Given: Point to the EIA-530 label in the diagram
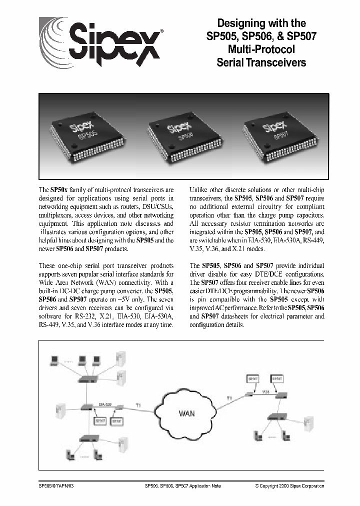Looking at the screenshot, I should click(104, 402).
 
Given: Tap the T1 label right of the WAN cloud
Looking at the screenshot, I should click(230, 397).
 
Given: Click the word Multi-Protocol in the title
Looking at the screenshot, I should click(261, 49).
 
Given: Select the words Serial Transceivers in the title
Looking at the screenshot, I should click(261, 62).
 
